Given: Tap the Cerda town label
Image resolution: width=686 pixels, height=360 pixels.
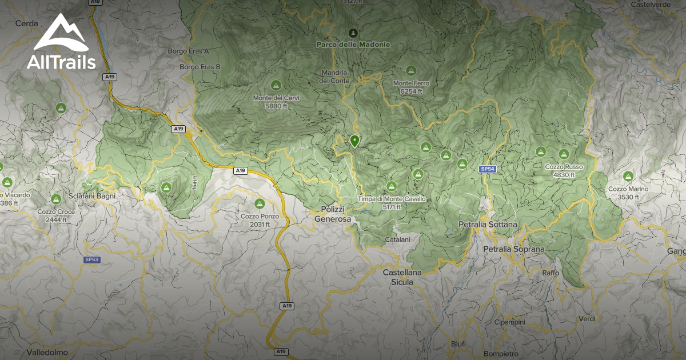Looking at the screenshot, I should click(x=27, y=23).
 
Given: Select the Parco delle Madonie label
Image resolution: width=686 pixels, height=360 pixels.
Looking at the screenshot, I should click(x=353, y=44).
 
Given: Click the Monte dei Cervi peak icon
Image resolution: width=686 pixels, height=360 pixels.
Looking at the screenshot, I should click(x=276, y=85).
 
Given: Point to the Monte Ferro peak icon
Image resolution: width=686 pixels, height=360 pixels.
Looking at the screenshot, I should click(x=410, y=71).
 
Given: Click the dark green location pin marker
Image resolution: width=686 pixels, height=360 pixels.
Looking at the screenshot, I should click(x=355, y=141).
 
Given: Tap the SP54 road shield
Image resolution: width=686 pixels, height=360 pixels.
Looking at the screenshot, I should click(x=486, y=169).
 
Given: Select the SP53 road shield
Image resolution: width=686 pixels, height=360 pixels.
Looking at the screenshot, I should click(x=91, y=259).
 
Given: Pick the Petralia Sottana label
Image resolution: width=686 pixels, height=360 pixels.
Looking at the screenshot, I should click(x=488, y=225).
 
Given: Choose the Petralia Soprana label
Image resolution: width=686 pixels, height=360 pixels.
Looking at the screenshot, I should click(x=514, y=249).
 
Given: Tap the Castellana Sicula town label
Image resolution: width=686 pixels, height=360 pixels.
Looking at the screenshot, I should click(x=402, y=277).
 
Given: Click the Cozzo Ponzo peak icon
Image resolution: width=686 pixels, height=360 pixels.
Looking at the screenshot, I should click(x=260, y=203).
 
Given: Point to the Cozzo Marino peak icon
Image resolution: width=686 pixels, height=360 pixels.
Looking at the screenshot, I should click(x=628, y=176).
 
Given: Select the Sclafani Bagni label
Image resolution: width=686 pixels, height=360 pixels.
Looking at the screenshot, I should click(x=93, y=195).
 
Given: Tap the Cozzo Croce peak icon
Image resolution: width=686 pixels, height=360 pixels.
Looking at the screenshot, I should click(x=56, y=199).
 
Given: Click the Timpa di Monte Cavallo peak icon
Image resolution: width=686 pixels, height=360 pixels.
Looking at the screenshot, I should click(x=392, y=186).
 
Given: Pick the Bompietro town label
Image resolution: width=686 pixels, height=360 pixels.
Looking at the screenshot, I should click(x=501, y=354).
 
